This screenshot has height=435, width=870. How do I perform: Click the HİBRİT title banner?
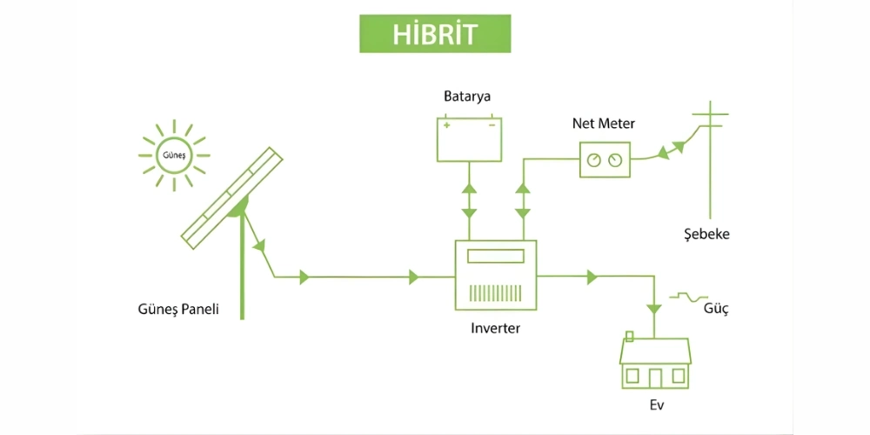coord(435,33)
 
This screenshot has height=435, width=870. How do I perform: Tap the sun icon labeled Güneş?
coord(173,156)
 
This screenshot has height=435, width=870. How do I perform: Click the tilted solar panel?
coord(232,196)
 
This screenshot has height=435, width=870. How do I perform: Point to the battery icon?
coord(470,139)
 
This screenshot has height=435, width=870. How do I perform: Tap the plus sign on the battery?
coord(447,124)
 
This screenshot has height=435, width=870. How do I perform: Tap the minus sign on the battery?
coord(492,124)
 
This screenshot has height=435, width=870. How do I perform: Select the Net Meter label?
coord(603,124)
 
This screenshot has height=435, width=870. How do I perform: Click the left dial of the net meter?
coord(593,160)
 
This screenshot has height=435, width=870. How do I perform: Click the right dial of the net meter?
coord(616,160)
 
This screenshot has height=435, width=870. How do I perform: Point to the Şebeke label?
coord(706,235)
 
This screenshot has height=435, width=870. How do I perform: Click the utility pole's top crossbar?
coord(710,114)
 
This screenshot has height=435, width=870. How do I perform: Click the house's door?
coord(655,377)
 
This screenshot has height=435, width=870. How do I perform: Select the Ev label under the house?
coord(655,405)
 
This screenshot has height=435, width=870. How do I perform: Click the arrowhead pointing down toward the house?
coord(653,307)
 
